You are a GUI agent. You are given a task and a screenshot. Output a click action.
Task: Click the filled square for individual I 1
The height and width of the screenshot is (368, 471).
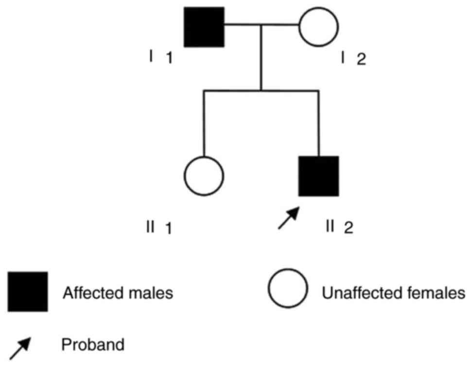pyautogui.click(x=204, y=27)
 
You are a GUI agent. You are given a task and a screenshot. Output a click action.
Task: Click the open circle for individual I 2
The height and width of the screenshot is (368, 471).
pyautogui.click(x=318, y=27)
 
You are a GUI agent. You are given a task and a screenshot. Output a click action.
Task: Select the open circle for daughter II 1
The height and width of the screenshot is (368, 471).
pyautogui.click(x=204, y=176)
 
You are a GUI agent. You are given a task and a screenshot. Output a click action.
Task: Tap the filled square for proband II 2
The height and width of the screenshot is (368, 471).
pyautogui.click(x=318, y=176)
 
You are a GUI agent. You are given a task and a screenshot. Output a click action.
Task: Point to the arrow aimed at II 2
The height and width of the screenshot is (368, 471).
pyautogui.click(x=288, y=218)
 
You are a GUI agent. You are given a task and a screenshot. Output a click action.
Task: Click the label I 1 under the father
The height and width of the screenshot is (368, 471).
pyautogui.click(x=161, y=58)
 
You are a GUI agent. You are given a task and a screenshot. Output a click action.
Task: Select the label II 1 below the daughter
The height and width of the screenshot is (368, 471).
pyautogui.click(x=158, y=227)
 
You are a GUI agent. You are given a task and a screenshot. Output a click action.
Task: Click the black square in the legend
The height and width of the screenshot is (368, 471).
pyautogui.click(x=28, y=292)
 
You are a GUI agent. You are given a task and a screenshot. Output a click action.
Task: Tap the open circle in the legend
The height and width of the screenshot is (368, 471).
pyautogui.click(x=288, y=288)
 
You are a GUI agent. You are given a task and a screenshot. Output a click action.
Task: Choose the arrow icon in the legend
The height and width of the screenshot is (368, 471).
pyautogui.click(x=20, y=348)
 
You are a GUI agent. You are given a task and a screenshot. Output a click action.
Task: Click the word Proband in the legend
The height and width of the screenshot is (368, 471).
pyautogui.click(x=93, y=346)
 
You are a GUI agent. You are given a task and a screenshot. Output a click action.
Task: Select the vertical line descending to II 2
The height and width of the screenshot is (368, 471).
pyautogui.click(x=318, y=124)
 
